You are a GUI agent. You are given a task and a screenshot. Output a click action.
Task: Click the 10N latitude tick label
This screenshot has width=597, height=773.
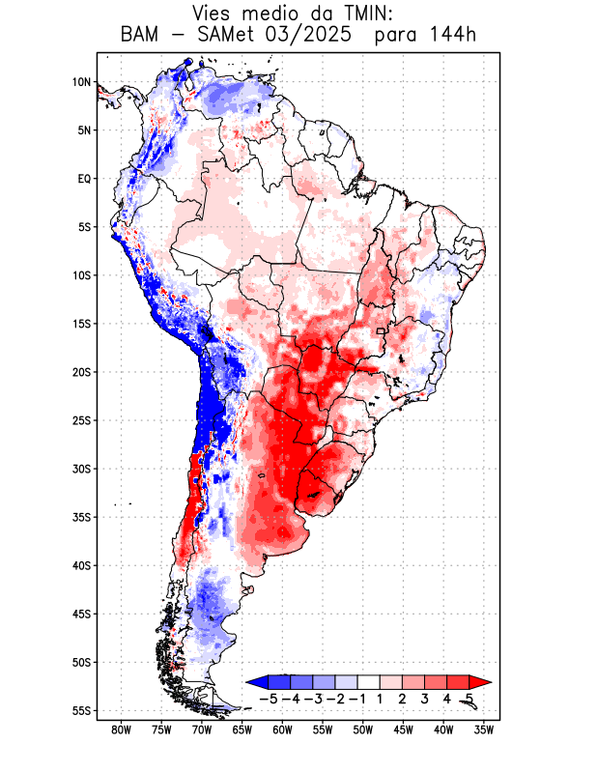coord(81,82)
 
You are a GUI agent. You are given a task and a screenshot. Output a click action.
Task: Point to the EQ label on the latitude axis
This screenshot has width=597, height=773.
coord(84,179)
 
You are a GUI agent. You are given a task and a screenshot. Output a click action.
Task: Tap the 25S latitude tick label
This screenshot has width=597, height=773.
coord(81,420)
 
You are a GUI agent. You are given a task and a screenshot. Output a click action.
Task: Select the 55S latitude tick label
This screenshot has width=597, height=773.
coord(81,710)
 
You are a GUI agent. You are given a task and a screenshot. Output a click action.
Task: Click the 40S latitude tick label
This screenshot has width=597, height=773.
coord(81,565)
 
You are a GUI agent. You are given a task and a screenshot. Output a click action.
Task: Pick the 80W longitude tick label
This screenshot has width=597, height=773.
coord(121,730)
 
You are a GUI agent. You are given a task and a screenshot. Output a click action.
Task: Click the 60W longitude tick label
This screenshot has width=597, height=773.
coord(282,730)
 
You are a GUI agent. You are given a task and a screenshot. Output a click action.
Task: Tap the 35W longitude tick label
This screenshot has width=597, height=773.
coord(484,730)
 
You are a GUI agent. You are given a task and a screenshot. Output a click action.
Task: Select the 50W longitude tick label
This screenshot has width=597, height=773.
coord(362,730)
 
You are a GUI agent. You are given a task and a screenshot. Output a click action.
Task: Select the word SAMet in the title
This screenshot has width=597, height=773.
coord(220,36)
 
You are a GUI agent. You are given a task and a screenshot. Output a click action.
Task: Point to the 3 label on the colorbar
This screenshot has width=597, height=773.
coord(424,698)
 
